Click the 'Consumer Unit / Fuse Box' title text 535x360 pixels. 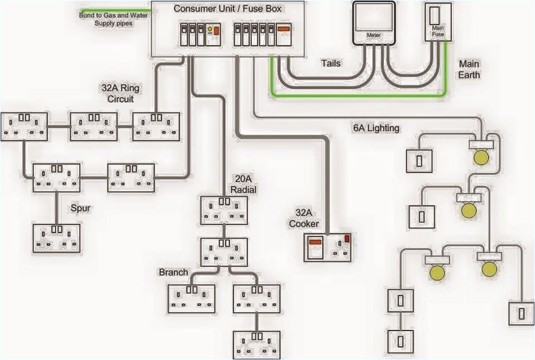[x=227, y=8]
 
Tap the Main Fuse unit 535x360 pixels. [x=437, y=22]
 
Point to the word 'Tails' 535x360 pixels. [x=330, y=63]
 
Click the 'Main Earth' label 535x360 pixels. [x=469, y=69]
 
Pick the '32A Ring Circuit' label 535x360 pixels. [x=120, y=93]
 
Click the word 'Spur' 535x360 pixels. [x=80, y=208]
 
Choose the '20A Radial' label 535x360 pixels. [x=245, y=184]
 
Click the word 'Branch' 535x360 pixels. [x=173, y=273]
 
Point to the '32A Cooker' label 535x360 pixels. [x=303, y=218]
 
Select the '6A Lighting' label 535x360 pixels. [x=376, y=128]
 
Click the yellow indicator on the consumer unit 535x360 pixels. [x=211, y=30]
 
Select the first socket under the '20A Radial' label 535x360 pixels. [x=224, y=210]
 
